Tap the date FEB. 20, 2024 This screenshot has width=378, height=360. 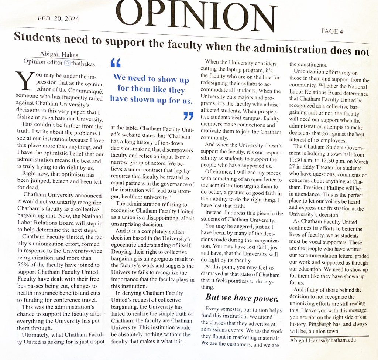[x=58, y=19]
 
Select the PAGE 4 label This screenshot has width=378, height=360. [x=332, y=31]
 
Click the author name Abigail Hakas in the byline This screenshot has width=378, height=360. [x=59, y=54]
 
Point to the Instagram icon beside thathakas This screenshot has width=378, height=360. [x=67, y=63]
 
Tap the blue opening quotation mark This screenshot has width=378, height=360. [x=115, y=63]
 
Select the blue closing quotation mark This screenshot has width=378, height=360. [x=188, y=116]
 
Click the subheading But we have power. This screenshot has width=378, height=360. [x=241, y=298]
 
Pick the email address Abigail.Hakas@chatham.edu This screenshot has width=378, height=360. [x=323, y=340]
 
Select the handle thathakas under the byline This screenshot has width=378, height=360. [x=83, y=64]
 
